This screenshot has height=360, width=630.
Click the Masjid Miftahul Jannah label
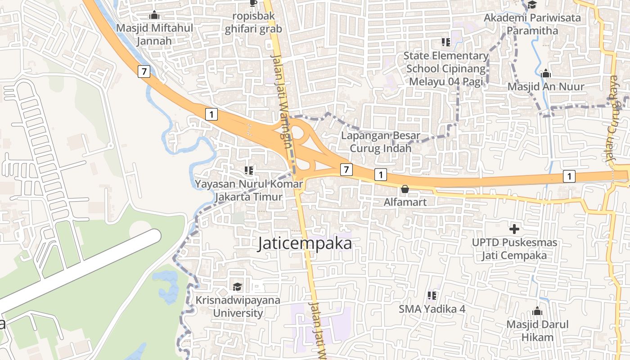[154, 34]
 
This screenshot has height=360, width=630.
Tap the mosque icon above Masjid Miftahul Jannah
[154, 15]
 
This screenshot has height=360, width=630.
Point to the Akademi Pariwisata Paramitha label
[532, 24]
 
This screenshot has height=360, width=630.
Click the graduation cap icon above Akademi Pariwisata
[532, 4]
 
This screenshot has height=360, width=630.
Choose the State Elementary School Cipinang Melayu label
[446, 68]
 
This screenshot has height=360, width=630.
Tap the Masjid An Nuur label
[546, 86]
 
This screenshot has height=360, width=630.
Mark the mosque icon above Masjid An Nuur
[546, 73]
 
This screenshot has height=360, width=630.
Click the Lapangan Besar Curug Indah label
[381, 142]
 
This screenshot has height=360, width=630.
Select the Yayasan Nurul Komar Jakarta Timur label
[249, 190]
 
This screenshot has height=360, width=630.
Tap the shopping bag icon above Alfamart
[405, 189]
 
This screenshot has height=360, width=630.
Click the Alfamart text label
[405, 202]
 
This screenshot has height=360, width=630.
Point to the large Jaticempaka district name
[305, 243]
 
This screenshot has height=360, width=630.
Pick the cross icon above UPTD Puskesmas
[514, 229]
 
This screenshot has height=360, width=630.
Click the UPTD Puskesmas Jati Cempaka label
[514, 249]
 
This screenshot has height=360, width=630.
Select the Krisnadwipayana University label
[238, 306]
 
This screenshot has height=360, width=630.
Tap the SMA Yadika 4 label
[432, 309]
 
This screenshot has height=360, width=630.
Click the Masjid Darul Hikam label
[537, 331]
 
